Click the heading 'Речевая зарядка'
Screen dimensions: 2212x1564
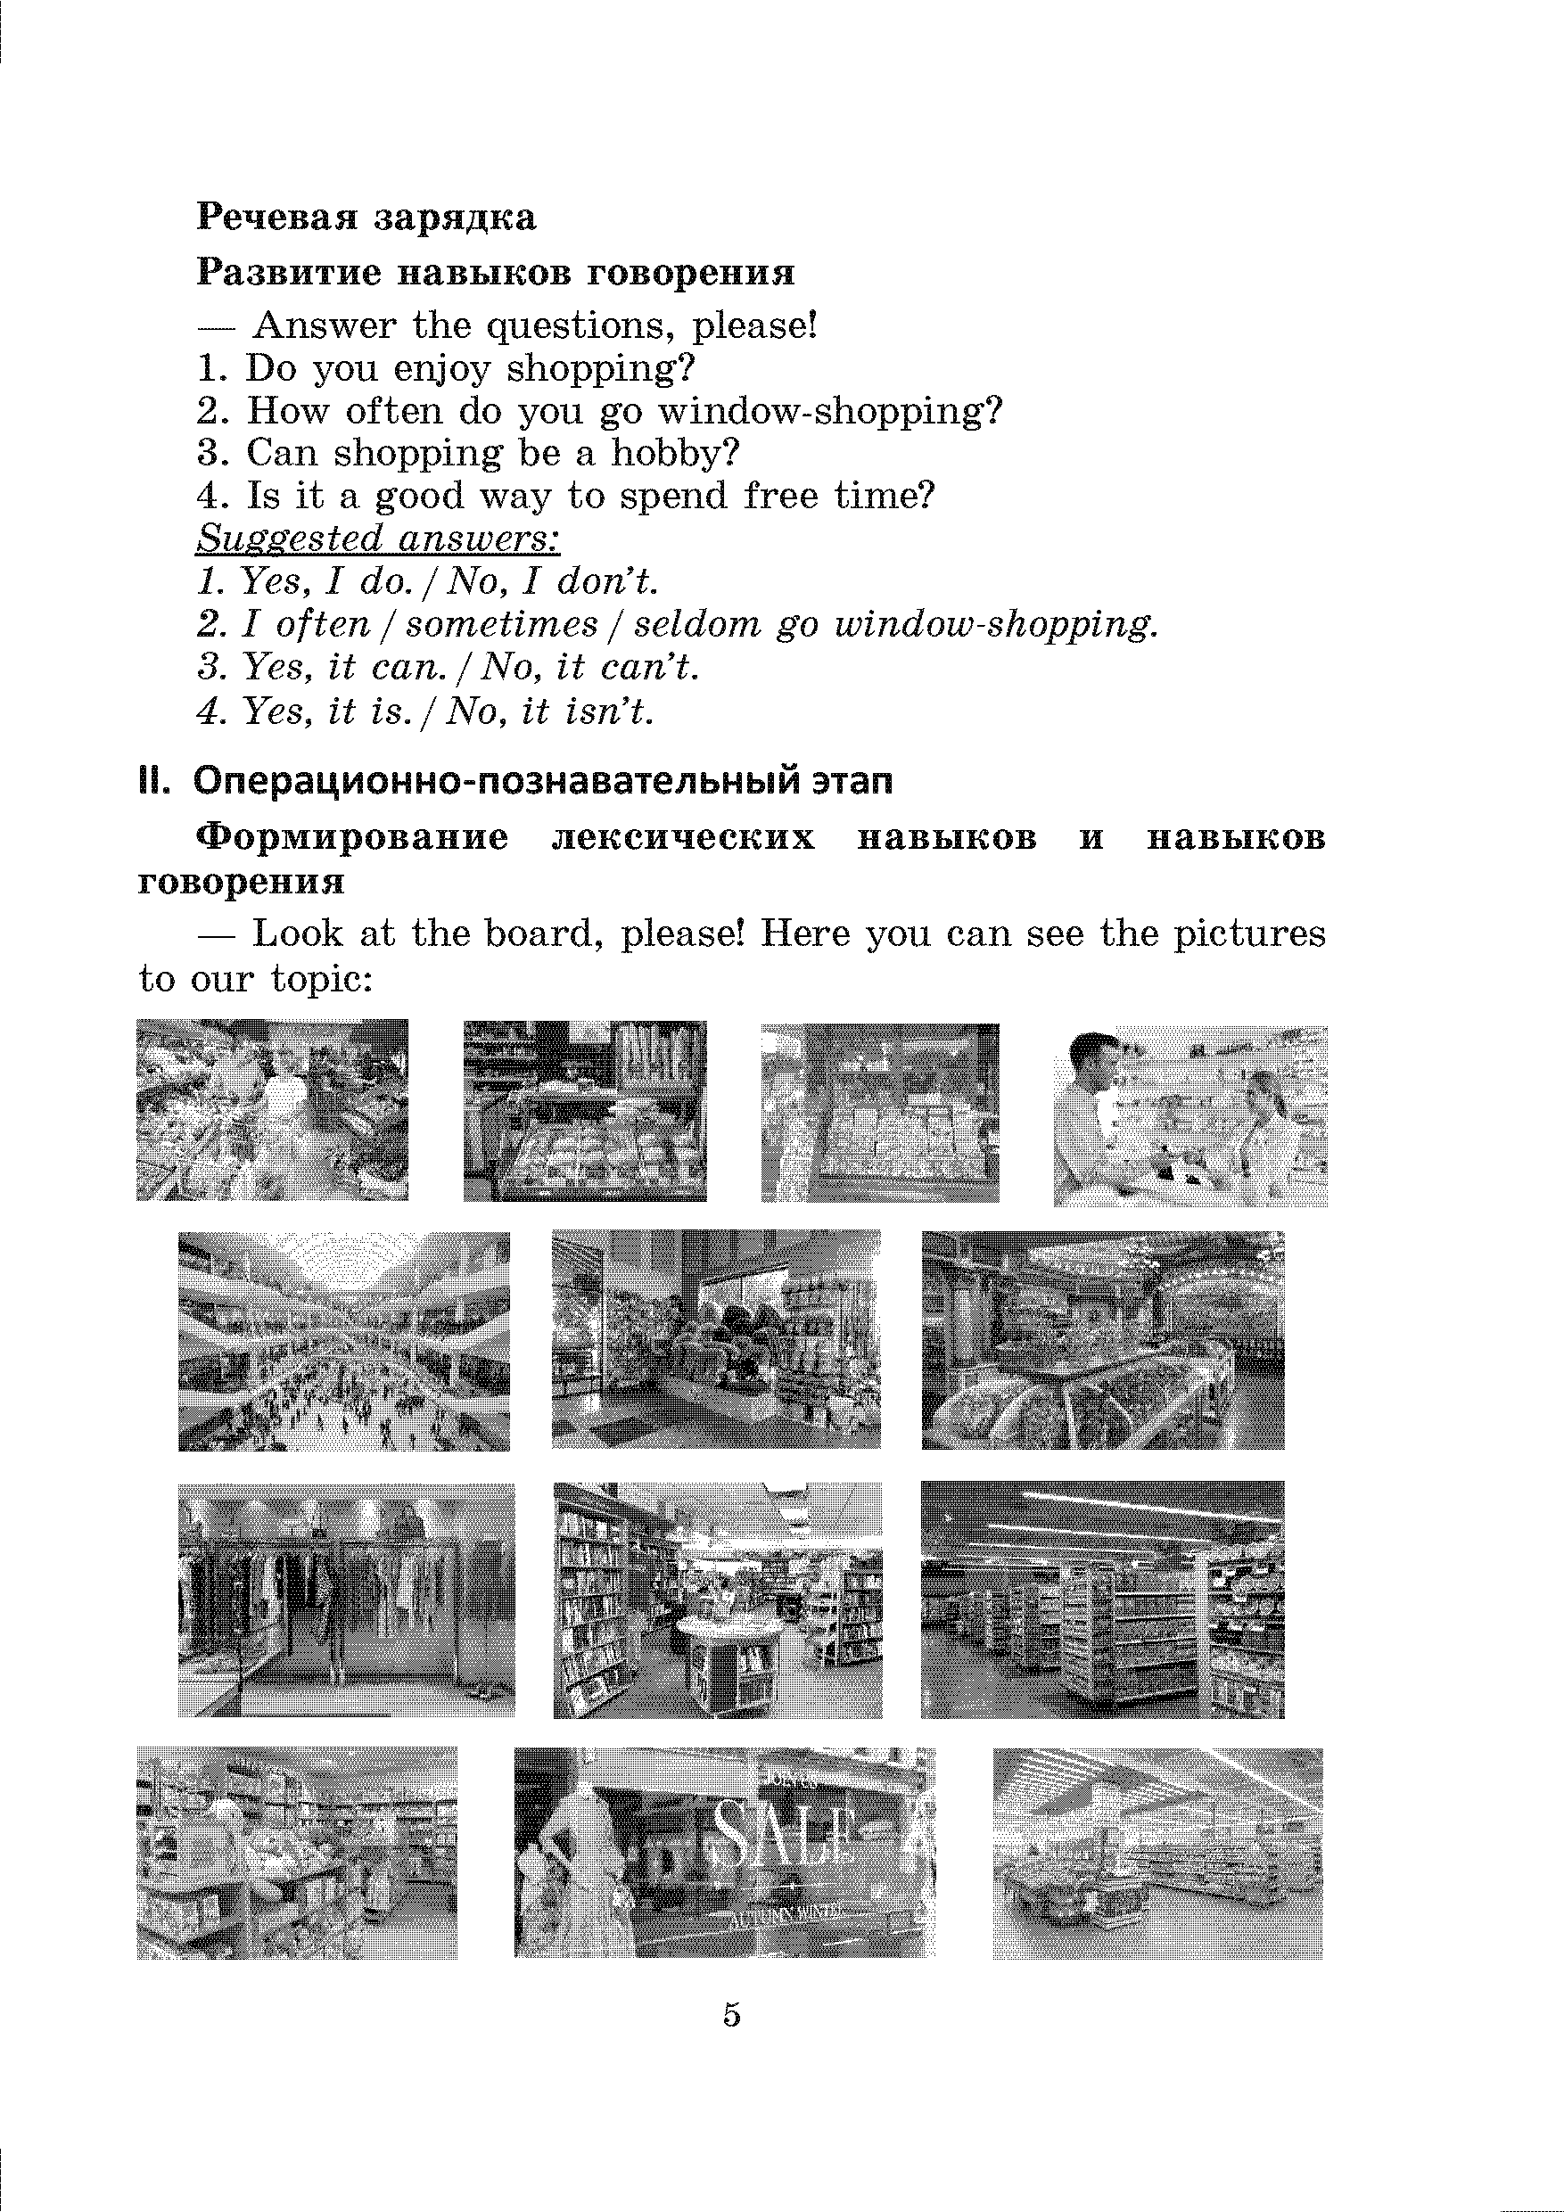[x=366, y=217]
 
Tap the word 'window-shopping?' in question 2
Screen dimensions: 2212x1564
[x=829, y=411]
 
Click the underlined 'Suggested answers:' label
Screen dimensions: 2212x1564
[x=378, y=538]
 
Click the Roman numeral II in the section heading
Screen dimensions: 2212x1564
[x=153, y=780]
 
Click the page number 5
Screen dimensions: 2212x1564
[x=731, y=2014]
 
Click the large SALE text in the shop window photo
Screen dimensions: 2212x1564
[x=783, y=1832]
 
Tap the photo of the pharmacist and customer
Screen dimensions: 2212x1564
[x=1190, y=1115]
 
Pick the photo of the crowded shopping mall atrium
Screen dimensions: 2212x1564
[x=344, y=1340]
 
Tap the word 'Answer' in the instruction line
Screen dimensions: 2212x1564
[x=324, y=325]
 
